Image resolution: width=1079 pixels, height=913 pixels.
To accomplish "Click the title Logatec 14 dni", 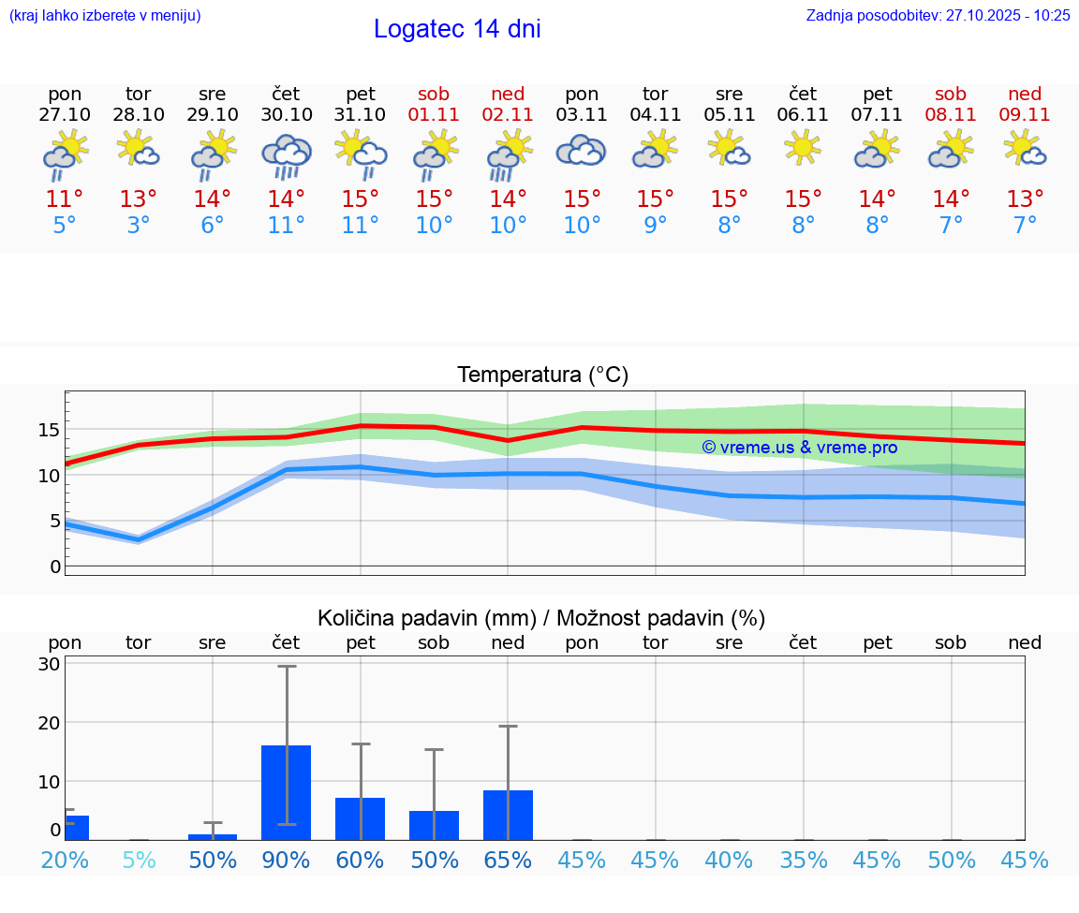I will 457,29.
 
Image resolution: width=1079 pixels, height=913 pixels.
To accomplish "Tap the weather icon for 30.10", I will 287,155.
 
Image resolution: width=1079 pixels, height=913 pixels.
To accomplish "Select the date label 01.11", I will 434,115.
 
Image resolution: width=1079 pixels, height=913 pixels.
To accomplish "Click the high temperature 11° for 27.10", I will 65,199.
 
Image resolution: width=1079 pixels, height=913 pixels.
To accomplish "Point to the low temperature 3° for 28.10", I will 139,226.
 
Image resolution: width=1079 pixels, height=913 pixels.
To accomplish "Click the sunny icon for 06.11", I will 803,148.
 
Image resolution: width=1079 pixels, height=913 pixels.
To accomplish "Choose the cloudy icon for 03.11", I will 582,150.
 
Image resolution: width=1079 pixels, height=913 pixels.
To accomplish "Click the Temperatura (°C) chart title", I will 542,376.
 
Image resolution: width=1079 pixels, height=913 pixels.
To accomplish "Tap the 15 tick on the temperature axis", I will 49,430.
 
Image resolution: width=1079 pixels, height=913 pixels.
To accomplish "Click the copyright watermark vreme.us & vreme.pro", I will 799,448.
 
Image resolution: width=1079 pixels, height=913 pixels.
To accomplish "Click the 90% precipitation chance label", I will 287,860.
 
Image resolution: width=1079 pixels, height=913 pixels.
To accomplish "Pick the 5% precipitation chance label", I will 139,860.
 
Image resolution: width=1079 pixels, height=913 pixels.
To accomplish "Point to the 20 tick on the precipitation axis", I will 49,723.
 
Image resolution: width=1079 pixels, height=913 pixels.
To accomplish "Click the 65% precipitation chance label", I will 508,860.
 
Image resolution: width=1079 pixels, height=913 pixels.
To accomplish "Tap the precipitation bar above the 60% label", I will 361,818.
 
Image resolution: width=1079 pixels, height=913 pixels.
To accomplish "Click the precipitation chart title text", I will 541,618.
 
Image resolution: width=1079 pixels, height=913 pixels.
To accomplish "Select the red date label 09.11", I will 1025,115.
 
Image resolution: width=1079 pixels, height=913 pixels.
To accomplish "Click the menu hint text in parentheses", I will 105,16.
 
